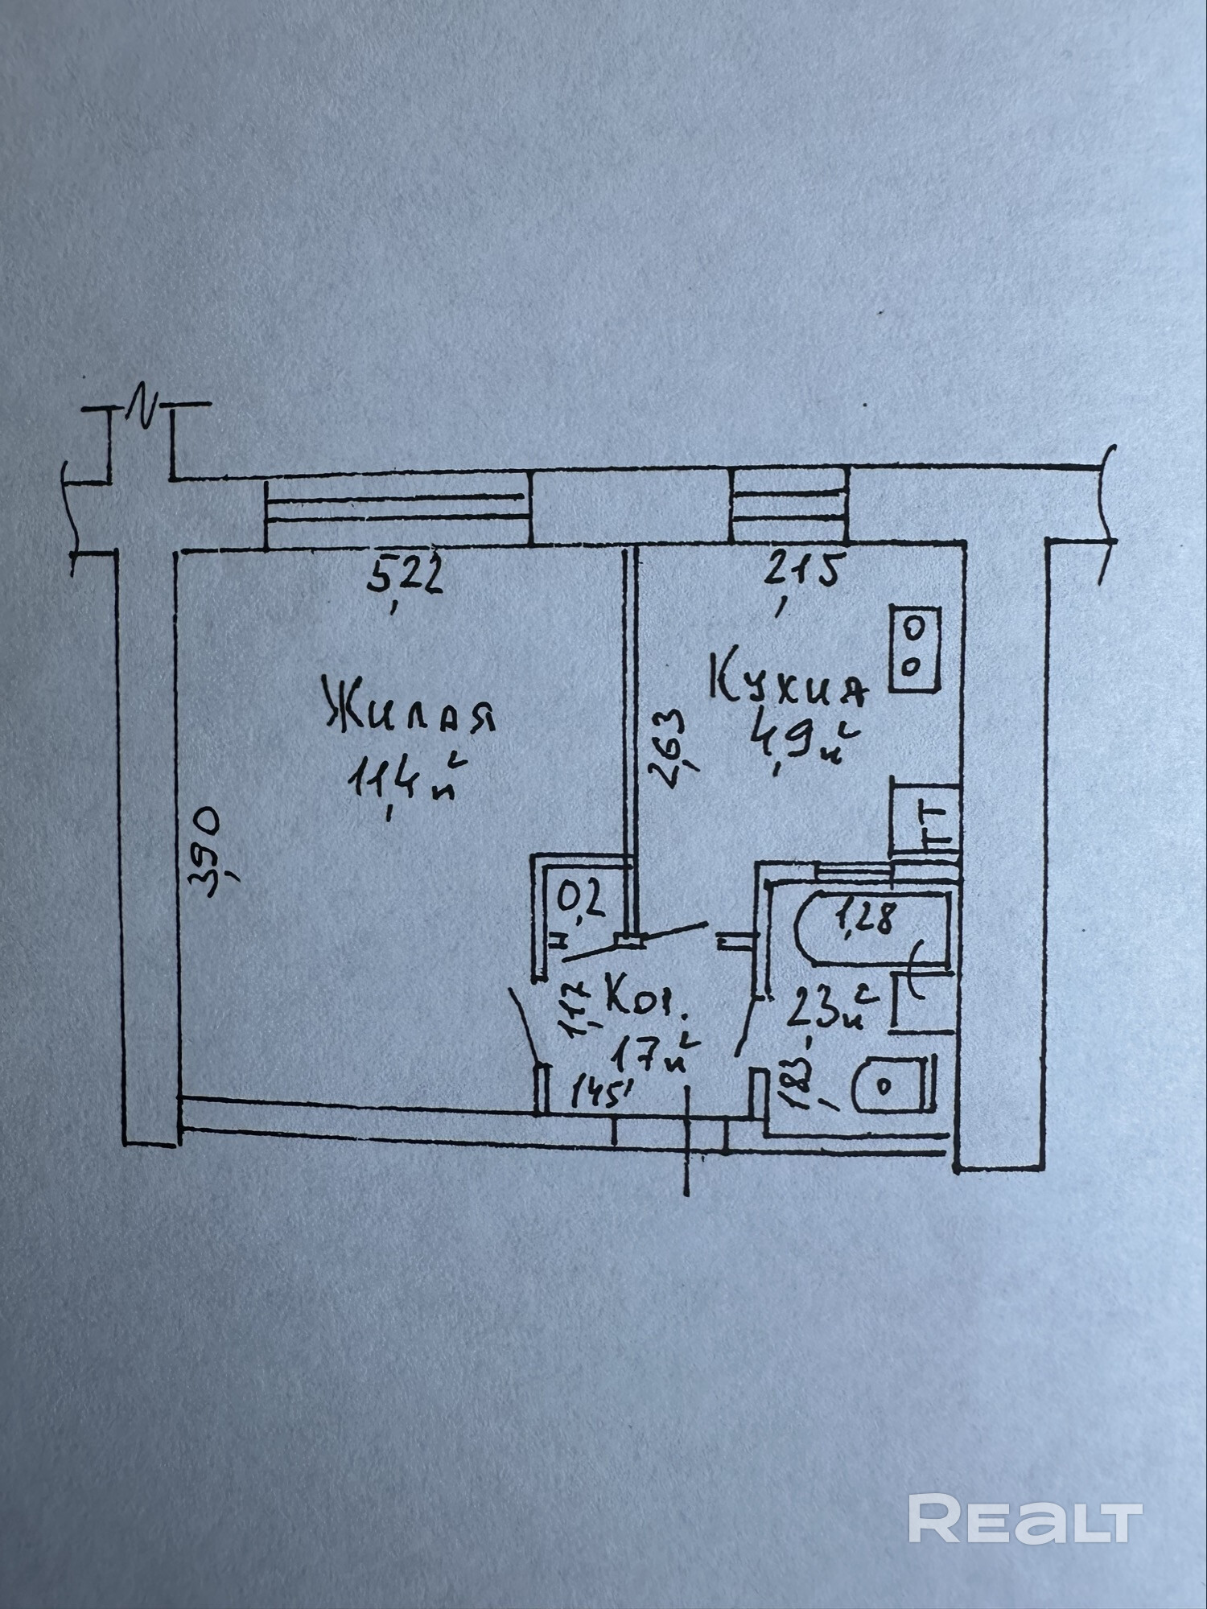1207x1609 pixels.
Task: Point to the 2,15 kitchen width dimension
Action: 802,570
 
